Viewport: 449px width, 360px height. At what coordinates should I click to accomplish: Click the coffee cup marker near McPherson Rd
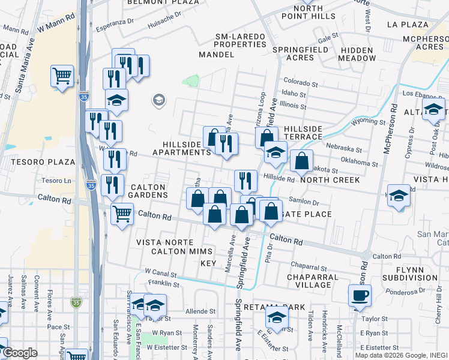pos(360,295)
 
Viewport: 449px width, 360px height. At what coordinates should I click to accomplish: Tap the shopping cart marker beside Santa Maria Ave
pos(62,76)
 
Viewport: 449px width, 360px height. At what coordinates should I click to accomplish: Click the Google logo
pos(20,353)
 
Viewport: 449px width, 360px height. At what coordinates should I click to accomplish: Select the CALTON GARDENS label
pos(149,191)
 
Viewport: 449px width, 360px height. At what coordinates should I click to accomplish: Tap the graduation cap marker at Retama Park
pos(277,316)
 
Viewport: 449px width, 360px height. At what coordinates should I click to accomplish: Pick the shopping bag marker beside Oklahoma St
pos(301,161)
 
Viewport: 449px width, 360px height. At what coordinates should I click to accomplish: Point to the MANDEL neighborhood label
pos(216,55)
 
